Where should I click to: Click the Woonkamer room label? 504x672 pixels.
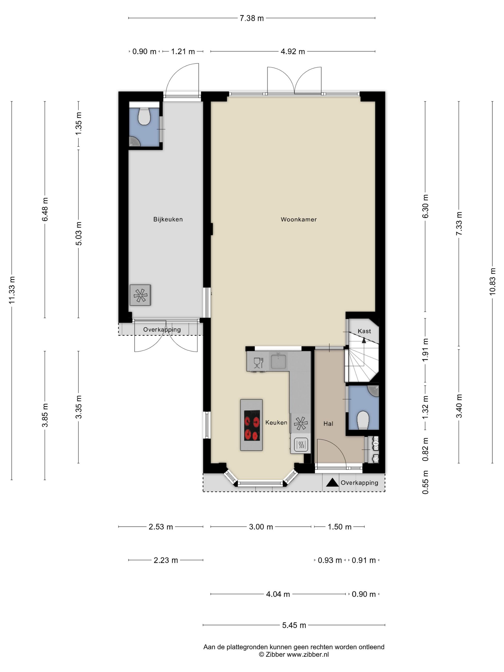tap(298, 219)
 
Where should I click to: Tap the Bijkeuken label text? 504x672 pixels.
tap(168, 219)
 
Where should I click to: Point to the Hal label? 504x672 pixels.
tap(328, 424)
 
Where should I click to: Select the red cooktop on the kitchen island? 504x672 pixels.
tap(252, 425)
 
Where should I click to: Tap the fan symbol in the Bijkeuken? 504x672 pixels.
tap(140, 295)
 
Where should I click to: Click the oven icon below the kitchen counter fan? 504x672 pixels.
tap(301, 445)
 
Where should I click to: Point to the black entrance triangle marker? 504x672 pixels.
tap(332, 482)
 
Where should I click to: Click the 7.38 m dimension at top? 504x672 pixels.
tap(252, 18)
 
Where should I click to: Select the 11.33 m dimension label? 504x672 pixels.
tap(12, 290)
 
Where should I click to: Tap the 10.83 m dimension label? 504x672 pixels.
tap(492, 281)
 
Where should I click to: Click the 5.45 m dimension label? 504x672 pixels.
tap(294, 625)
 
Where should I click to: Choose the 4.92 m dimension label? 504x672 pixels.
tap(293, 52)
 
